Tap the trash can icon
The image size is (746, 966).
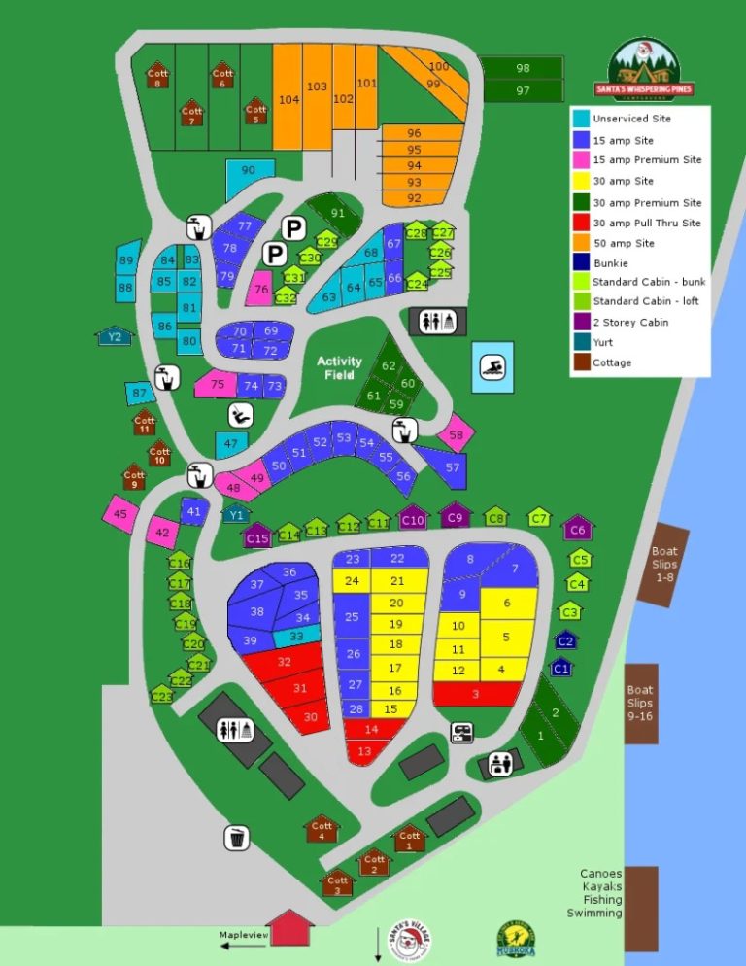click(x=238, y=837)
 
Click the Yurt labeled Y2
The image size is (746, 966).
click(x=115, y=336)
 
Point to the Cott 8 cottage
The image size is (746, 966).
click(x=157, y=76)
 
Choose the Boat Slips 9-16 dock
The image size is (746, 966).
click(x=640, y=703)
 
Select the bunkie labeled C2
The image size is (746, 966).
click(x=565, y=640)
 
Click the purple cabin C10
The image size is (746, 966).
click(x=413, y=519)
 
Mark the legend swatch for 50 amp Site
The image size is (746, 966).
click(x=581, y=243)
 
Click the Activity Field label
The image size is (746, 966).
click(x=339, y=367)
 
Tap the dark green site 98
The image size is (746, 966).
click(x=523, y=68)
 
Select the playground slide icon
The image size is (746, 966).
click(x=239, y=415)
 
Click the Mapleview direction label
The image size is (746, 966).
click(x=243, y=935)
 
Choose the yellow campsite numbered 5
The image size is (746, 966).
click(x=505, y=637)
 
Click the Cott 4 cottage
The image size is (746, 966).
click(x=322, y=829)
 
